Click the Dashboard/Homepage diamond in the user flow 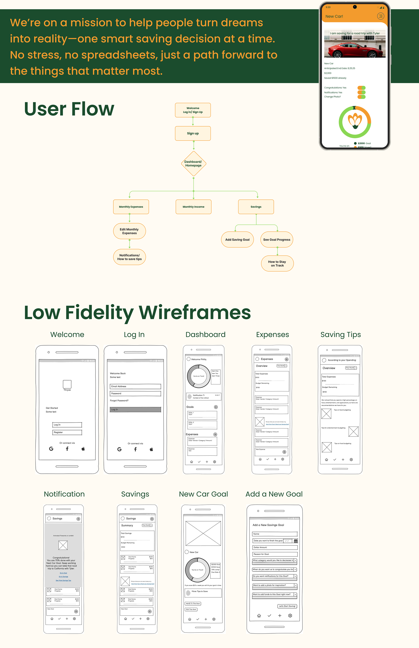click(x=193, y=164)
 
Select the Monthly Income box click(x=193, y=207)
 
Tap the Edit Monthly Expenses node click(x=129, y=231)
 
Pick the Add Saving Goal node click(x=237, y=240)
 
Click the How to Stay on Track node click(x=277, y=263)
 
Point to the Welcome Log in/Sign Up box click(x=193, y=110)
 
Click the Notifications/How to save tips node click(x=129, y=257)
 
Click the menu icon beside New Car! click(x=380, y=16)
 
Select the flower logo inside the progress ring click(x=355, y=121)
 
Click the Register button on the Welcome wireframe click(x=67, y=432)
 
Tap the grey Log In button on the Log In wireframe click(x=136, y=409)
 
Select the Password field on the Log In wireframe click(x=136, y=393)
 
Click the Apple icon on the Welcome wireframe click(x=83, y=449)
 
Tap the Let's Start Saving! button click(x=287, y=606)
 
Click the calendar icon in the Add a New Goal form click(x=295, y=541)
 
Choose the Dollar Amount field click(x=275, y=547)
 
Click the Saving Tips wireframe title click(x=340, y=334)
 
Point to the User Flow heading click(x=69, y=109)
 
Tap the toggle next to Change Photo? click(x=361, y=97)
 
